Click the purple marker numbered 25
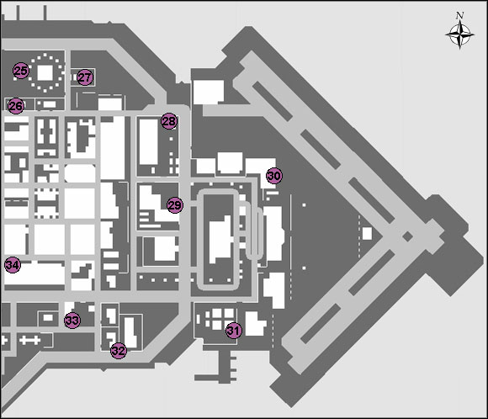21,72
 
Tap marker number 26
15,106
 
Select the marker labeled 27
85,77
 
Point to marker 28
170,121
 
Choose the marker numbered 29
174,205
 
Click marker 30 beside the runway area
273,176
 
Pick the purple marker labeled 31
234,331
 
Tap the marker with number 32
119,350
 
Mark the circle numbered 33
72,320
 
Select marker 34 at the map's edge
12,265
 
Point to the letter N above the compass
459,15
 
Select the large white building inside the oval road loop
221,238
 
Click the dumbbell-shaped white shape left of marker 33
29,339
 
